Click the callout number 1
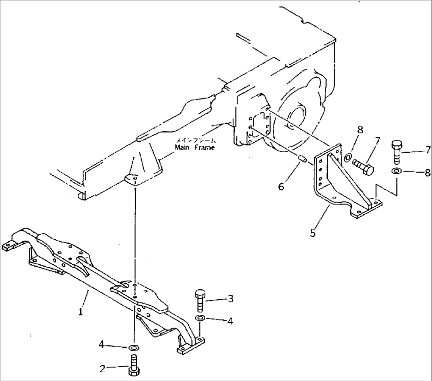[81, 312]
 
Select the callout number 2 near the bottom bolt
[102, 369]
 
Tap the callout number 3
[230, 298]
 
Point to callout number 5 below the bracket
[312, 233]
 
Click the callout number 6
[281, 187]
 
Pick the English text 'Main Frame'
[195, 148]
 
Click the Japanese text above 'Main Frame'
[196, 141]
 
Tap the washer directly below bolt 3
[200, 318]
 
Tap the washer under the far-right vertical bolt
[396, 171]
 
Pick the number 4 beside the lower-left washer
[102, 344]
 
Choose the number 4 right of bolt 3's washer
[230, 321]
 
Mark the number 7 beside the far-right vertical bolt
[428, 150]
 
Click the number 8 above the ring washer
[360, 130]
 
